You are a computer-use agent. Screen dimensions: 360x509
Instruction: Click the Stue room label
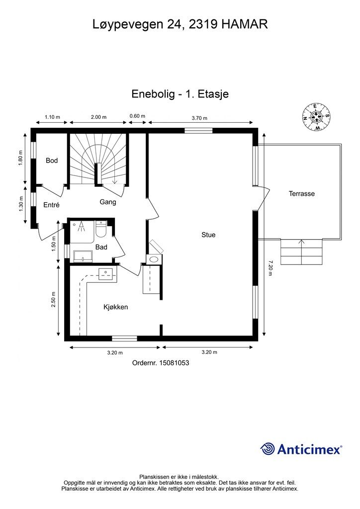208,235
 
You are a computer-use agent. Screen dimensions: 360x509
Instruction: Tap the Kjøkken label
115,307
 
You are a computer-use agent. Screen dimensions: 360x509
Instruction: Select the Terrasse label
301,193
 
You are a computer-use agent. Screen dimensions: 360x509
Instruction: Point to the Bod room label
52,161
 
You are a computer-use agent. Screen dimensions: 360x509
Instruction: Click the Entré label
51,205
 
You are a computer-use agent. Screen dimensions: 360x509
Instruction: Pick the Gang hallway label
108,202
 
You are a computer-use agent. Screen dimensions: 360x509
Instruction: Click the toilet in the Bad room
101,229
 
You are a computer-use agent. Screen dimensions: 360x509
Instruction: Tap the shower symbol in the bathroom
81,226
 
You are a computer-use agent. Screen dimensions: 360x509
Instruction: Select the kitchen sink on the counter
105,274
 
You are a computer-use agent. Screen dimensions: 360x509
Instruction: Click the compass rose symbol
316,117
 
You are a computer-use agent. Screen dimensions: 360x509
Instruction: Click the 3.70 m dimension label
199,118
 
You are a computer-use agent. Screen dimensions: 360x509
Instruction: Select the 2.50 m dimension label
53,300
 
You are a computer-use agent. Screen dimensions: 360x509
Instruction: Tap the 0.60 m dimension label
137,116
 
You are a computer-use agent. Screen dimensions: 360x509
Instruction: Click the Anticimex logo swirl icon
268,449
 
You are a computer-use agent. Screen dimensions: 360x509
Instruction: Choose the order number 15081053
174,362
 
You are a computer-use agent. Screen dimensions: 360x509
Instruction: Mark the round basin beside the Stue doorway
154,259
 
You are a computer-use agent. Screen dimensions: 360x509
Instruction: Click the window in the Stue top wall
199,131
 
